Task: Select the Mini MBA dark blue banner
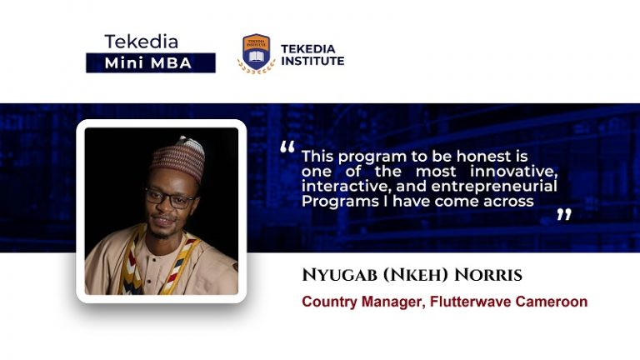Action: (150, 62)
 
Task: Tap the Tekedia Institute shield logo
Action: (256, 52)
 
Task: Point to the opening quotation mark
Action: (287, 148)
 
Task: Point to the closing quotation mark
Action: (564, 215)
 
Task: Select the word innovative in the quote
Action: (517, 171)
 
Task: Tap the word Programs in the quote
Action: (334, 202)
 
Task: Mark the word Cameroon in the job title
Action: (550, 302)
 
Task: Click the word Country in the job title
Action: (328, 302)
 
